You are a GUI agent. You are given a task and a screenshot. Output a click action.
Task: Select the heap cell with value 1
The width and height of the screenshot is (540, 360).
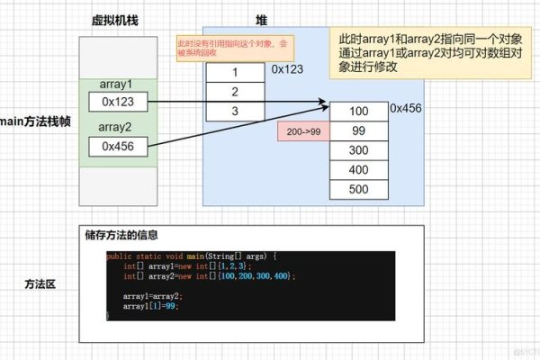tap(236, 71)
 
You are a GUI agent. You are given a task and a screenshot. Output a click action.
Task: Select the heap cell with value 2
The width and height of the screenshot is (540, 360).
tap(236, 91)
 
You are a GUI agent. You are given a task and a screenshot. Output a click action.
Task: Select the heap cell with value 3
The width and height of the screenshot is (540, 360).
tap(236, 111)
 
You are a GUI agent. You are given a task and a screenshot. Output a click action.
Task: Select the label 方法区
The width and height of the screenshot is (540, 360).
tap(40, 283)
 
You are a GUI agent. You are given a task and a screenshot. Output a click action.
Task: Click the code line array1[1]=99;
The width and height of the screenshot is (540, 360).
tap(154, 306)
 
